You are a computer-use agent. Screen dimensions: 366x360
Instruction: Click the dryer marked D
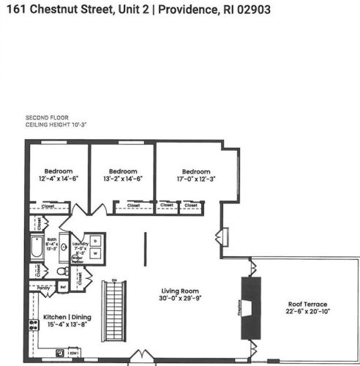pyautogui.click(x=96, y=242)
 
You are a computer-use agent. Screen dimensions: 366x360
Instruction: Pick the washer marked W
pyautogui.click(x=96, y=254)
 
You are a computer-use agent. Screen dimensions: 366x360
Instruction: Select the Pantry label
pyautogui.click(x=43, y=288)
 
